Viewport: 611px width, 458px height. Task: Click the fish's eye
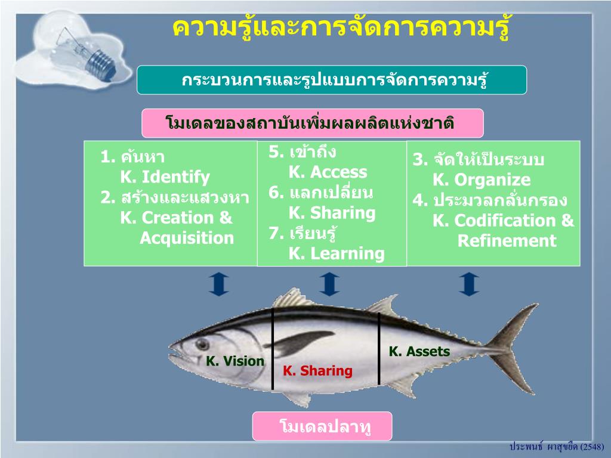(x=202, y=344)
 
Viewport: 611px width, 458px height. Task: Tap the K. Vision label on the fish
(x=235, y=361)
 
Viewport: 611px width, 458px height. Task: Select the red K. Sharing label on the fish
(x=317, y=371)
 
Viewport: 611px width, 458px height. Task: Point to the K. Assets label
(x=419, y=351)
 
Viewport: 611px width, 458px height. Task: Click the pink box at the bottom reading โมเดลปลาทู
(x=322, y=426)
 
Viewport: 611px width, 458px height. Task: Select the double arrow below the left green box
(x=218, y=284)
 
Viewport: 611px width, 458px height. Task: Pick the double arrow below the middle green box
(x=329, y=284)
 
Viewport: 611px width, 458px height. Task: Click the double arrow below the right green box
(x=469, y=284)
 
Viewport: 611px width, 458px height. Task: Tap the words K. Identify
(x=165, y=177)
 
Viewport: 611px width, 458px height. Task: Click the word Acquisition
(x=187, y=238)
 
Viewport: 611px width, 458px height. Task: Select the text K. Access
(x=328, y=172)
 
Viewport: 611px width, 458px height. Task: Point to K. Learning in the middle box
(x=337, y=253)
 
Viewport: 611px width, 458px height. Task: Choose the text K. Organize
(x=482, y=180)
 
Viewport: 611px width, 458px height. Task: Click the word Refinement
(x=507, y=241)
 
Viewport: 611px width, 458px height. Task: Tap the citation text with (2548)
(x=557, y=447)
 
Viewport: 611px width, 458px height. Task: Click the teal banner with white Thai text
(x=332, y=80)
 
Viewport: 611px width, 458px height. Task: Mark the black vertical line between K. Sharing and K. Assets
(x=379, y=349)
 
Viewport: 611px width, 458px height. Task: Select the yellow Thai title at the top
(x=341, y=27)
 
